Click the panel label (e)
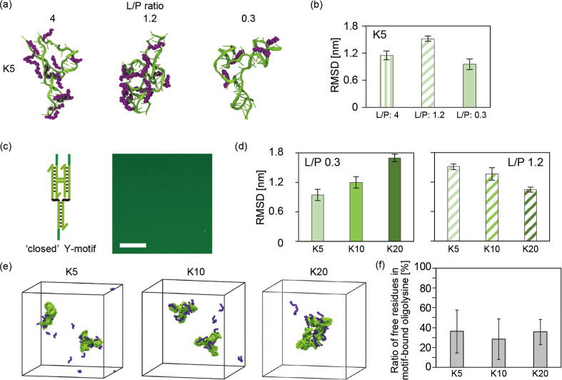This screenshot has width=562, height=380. point(8,266)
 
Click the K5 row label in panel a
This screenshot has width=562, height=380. point(11,71)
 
